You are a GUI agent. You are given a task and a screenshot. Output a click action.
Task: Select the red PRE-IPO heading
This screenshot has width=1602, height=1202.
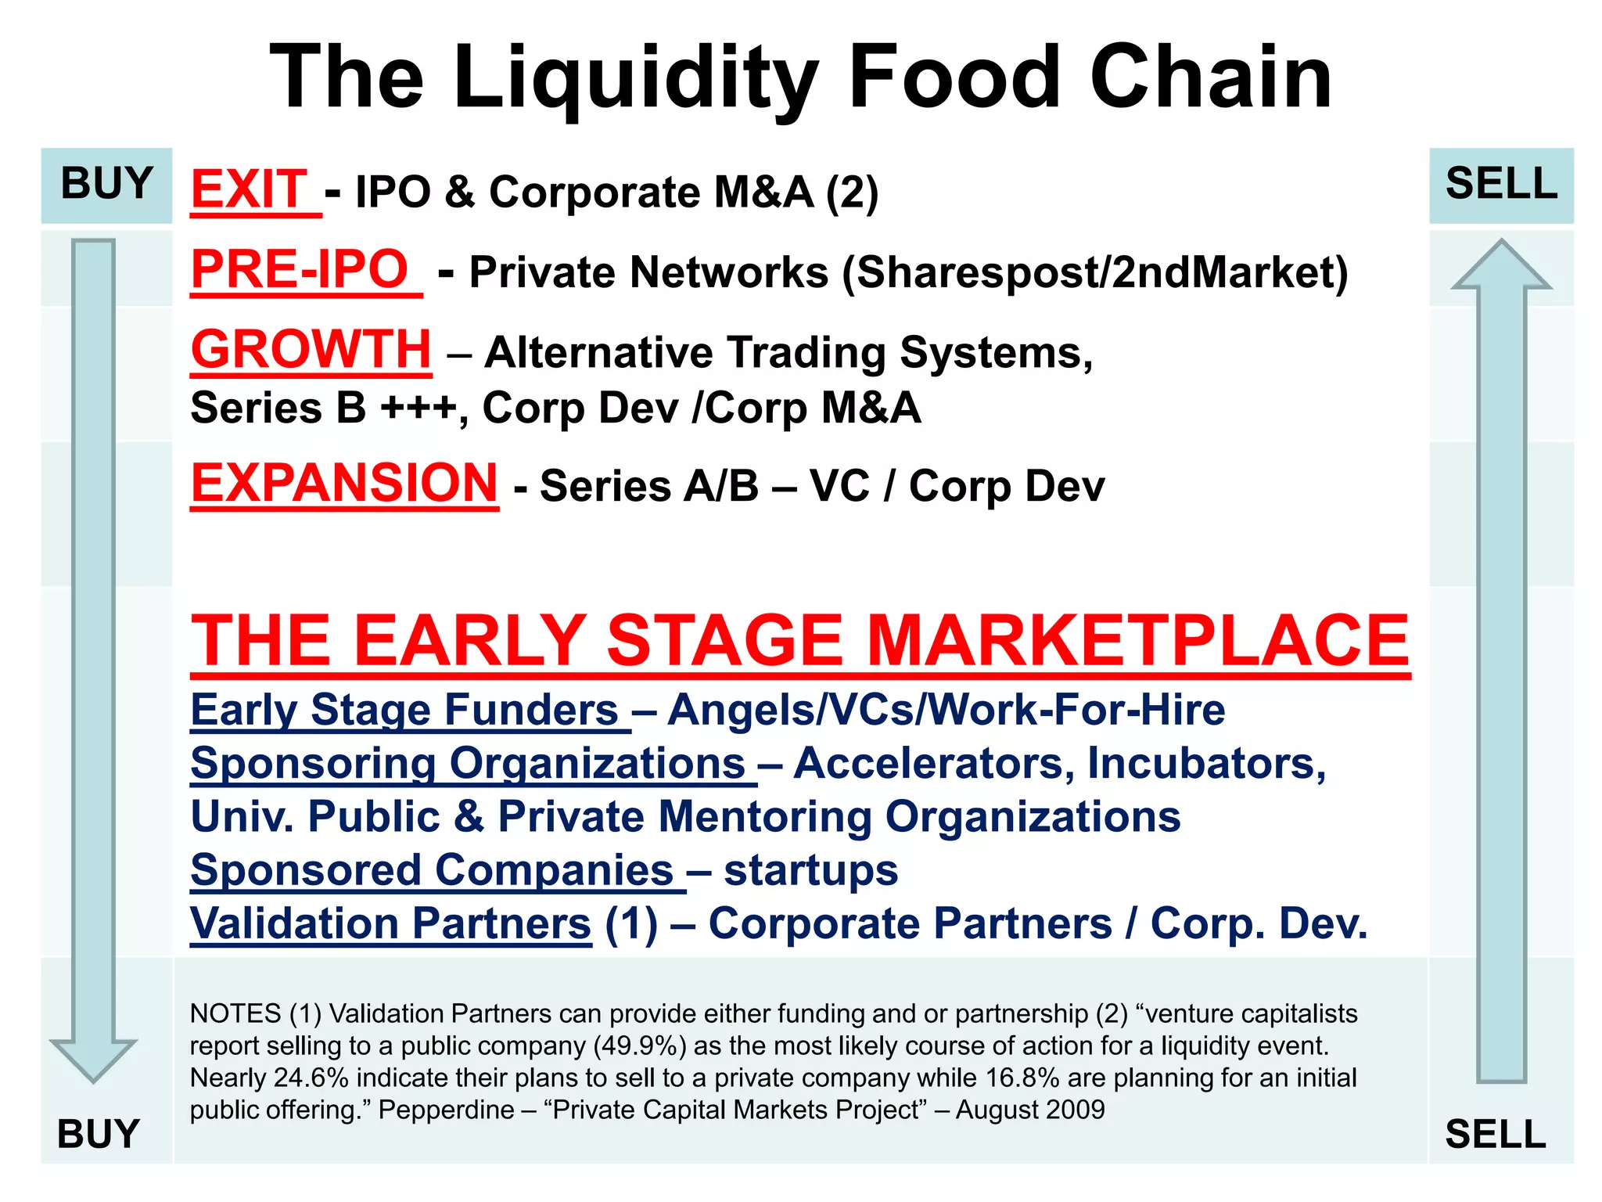[300, 270]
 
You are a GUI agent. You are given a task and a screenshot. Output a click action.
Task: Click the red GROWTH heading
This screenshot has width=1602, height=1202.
[311, 349]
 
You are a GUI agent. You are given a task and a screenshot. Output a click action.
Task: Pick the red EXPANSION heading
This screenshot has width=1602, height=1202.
[344, 483]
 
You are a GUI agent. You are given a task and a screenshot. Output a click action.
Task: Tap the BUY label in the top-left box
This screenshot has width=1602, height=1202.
[106, 184]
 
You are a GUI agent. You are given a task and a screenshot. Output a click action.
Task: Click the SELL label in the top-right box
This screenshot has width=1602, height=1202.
[1501, 184]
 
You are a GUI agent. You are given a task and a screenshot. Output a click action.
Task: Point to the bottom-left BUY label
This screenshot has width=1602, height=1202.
[99, 1134]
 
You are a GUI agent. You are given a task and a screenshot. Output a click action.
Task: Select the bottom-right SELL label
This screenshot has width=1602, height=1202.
[1496, 1134]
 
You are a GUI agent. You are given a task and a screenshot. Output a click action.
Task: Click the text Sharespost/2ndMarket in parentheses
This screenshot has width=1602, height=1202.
[1095, 273]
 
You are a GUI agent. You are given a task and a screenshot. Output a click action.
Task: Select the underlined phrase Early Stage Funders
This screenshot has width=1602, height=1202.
[405, 711]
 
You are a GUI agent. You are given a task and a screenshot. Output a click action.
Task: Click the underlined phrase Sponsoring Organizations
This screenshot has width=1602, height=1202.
[468, 764]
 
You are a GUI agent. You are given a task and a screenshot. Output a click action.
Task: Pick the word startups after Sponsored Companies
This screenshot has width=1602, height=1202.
[810, 871]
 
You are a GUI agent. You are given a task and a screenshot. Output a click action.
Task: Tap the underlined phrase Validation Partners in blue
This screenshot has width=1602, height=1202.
[390, 924]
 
